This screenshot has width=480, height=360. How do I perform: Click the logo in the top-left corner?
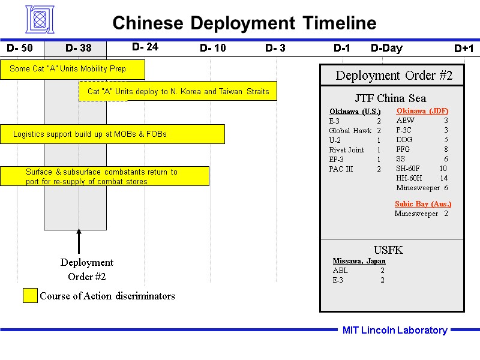tap(40, 20)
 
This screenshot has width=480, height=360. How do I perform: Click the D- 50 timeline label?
tap(20, 48)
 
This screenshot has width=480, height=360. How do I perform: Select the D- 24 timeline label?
tap(145, 47)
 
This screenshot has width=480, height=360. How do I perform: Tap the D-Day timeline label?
tap(386, 48)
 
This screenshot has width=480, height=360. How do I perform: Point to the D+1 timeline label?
tap(464, 49)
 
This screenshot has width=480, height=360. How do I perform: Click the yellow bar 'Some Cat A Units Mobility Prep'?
tap(73, 69)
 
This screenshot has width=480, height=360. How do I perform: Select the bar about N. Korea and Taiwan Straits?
tap(178, 91)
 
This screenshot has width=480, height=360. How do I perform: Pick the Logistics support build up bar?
tap(113, 134)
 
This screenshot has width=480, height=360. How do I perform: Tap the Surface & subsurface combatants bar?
tap(105, 176)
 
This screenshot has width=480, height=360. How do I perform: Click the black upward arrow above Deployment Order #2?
tap(79, 241)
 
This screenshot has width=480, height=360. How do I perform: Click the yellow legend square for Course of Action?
tap(30, 296)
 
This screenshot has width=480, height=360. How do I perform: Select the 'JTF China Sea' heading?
tap(391, 98)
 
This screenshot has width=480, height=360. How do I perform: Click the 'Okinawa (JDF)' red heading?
tap(422, 111)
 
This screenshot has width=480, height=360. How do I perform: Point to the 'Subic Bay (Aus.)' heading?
tap(423, 203)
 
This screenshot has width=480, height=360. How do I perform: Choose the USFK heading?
tap(388, 250)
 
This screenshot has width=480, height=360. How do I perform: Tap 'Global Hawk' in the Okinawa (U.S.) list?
tap(350, 131)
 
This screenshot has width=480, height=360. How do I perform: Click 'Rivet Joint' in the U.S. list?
tap(347, 150)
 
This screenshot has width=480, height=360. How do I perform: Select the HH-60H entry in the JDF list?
tap(409, 178)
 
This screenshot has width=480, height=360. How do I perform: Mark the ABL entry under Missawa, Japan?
tap(340, 271)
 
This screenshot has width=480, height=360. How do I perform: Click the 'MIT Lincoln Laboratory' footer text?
tap(395, 330)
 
